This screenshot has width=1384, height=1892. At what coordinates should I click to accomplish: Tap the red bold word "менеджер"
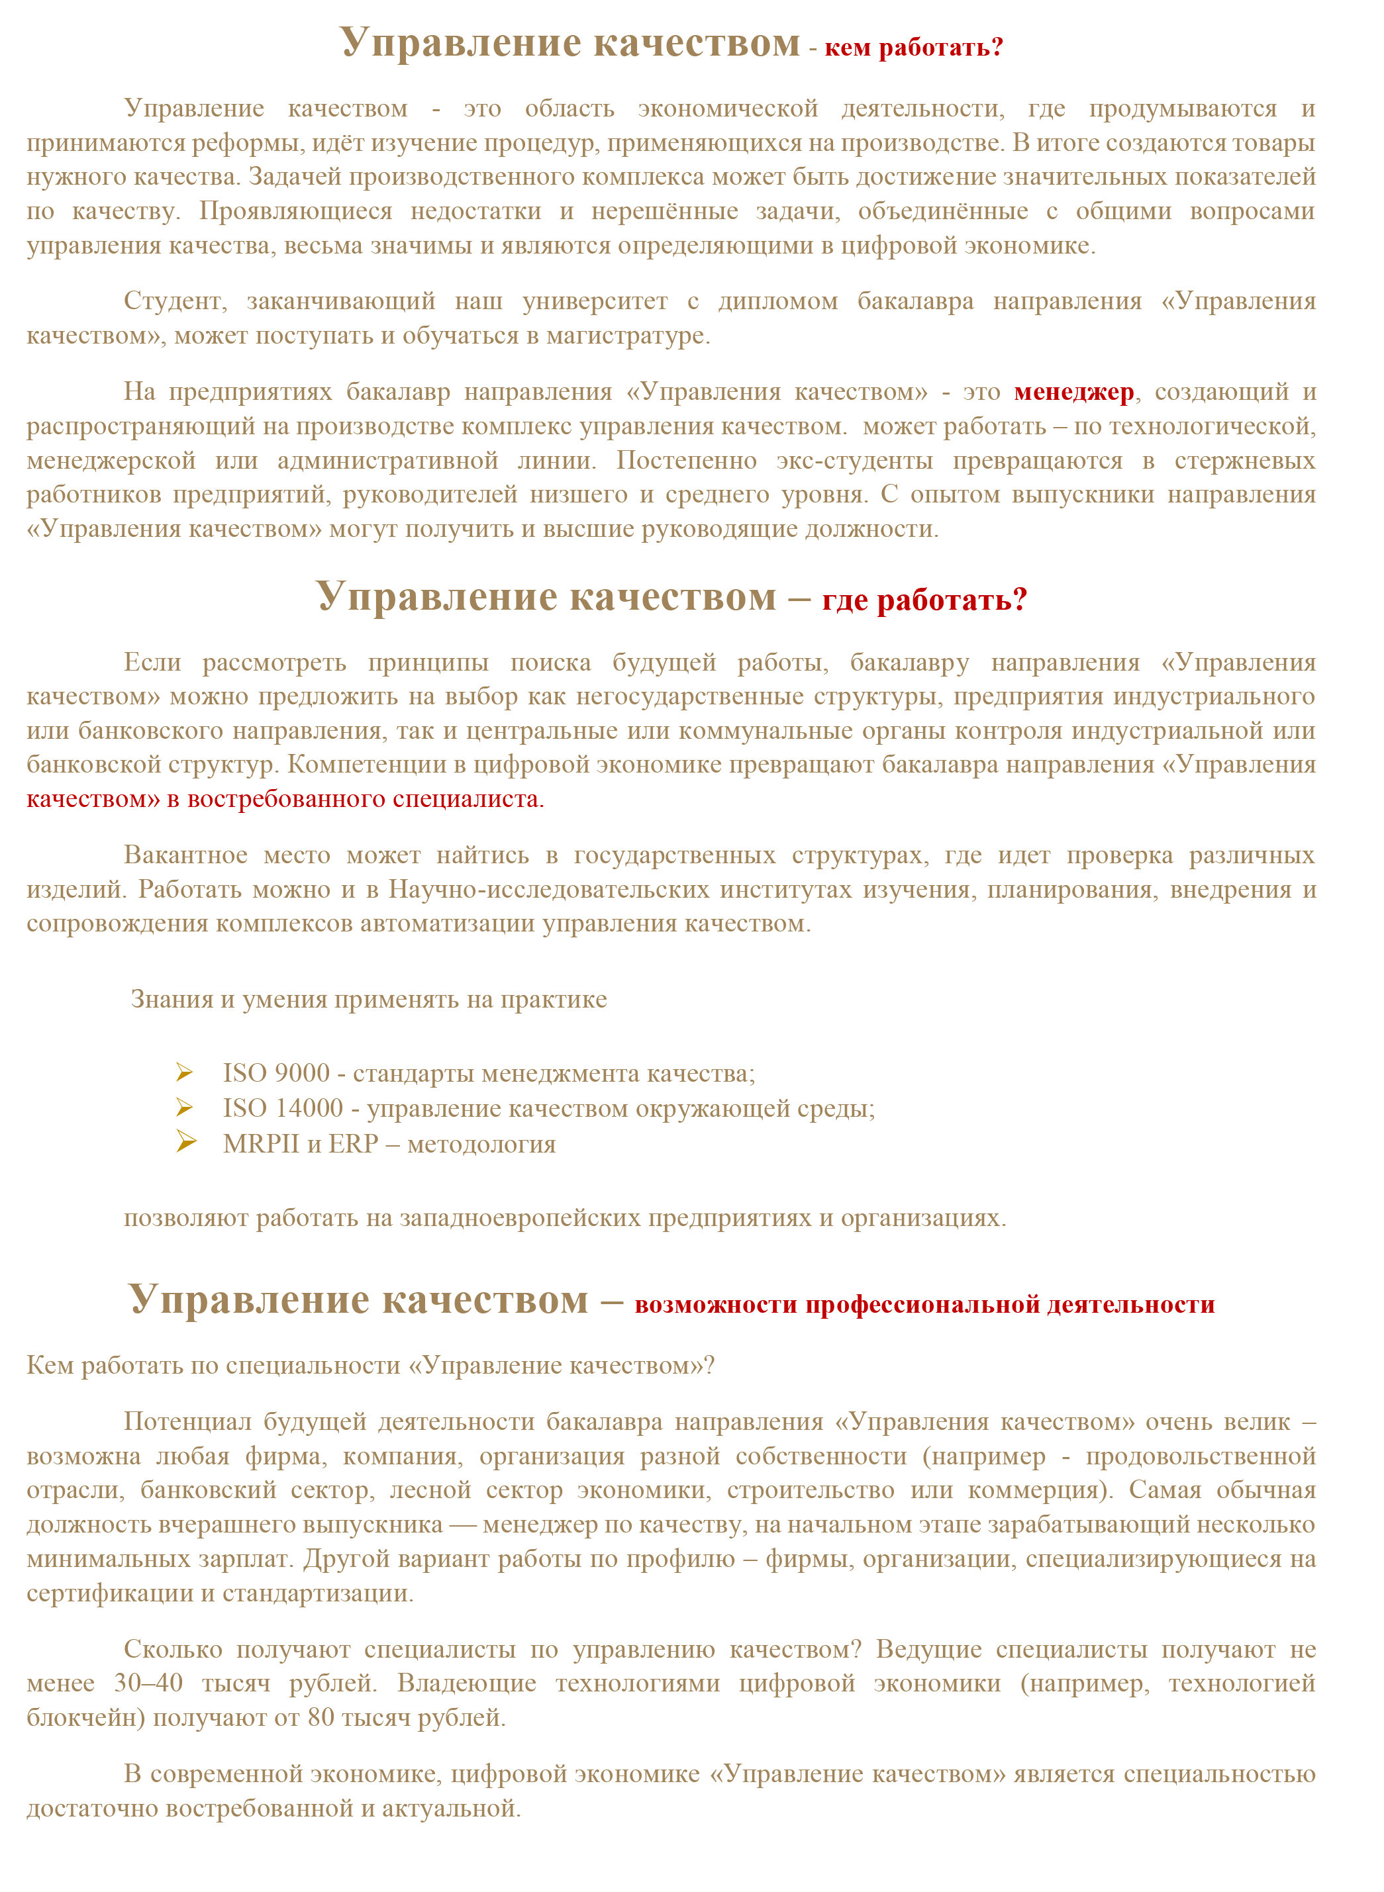pos(1073,392)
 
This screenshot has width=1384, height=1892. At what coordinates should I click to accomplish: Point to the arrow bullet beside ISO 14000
pos(185,1108)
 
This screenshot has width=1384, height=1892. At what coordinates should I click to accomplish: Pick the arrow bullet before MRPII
pos(186,1143)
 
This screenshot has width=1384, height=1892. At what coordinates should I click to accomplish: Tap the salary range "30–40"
pos(148,1683)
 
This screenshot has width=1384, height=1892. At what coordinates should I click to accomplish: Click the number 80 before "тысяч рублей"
pos(321,1718)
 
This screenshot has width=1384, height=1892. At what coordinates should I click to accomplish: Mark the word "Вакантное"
pos(185,855)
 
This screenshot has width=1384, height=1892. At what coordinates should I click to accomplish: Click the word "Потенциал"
pos(187,1421)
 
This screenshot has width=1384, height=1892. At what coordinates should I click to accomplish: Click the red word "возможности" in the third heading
pos(715,1305)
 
